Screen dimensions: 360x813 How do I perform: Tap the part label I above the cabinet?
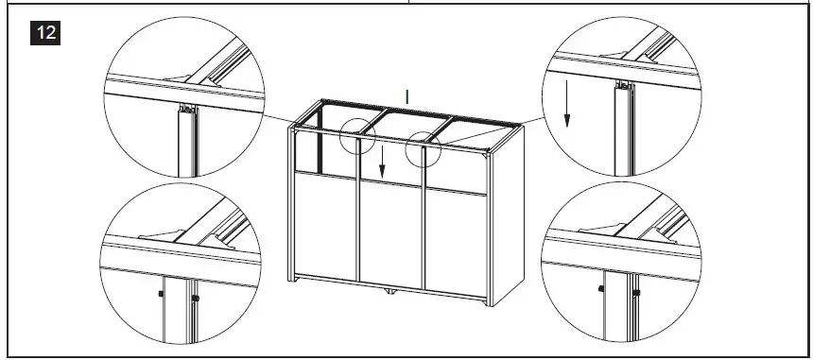(x=406, y=95)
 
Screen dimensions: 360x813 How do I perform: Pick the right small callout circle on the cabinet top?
(x=422, y=148)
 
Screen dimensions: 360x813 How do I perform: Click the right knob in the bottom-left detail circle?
(x=195, y=300)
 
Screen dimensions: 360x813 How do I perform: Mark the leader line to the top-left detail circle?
(x=284, y=117)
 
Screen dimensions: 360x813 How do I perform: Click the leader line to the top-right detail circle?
(x=492, y=131)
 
